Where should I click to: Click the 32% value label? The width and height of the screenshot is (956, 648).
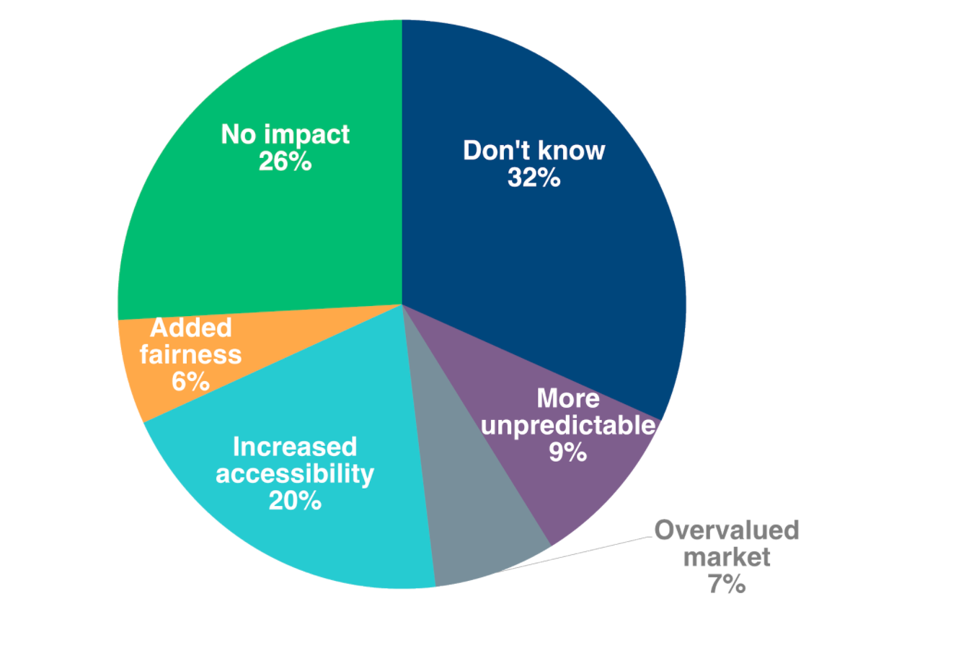point(534,178)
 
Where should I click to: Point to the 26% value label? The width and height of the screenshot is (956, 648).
point(285,162)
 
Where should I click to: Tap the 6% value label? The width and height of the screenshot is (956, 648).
point(190,381)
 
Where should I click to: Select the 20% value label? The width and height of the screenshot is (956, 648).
point(295,500)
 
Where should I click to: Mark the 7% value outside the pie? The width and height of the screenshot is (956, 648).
point(726,583)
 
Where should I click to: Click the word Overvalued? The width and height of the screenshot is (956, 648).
point(726,530)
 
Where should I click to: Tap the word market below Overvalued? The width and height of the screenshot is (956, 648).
point(726,556)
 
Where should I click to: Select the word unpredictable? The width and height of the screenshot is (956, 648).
point(567,425)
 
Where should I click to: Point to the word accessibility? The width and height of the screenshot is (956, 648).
point(295,474)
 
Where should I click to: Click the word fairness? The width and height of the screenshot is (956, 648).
point(190,354)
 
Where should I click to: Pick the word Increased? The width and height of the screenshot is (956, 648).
point(295,447)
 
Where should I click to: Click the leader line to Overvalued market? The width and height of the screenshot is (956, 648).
point(577,553)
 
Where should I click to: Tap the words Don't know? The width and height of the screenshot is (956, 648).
point(534,150)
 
